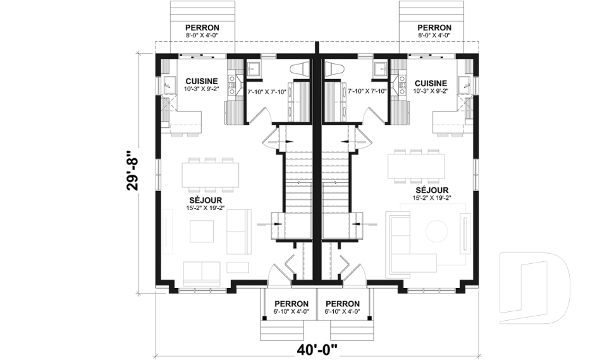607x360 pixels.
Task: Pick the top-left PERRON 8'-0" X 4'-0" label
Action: [x=202, y=31]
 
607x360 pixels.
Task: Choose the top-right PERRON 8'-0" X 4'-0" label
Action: [x=434, y=31]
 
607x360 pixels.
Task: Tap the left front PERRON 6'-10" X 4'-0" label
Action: [x=291, y=307]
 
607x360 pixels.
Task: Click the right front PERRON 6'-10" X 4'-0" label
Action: [x=343, y=307]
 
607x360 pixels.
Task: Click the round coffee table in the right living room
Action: [x=437, y=230]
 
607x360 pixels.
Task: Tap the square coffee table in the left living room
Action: [x=203, y=230]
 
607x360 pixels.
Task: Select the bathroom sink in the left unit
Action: [x=253, y=68]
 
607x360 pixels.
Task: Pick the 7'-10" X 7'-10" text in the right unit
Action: [x=367, y=92]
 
